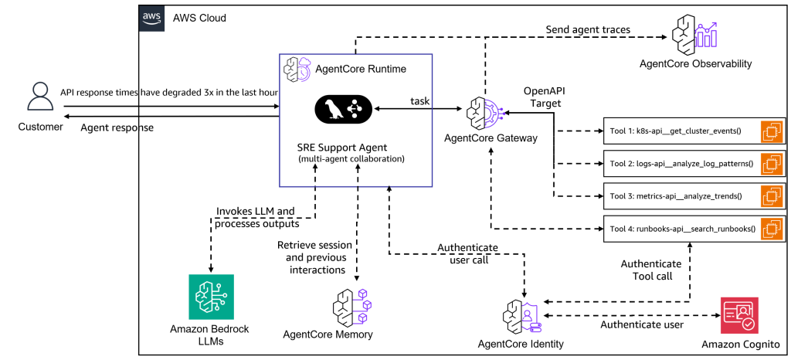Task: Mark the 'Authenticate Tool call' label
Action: (651, 270)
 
